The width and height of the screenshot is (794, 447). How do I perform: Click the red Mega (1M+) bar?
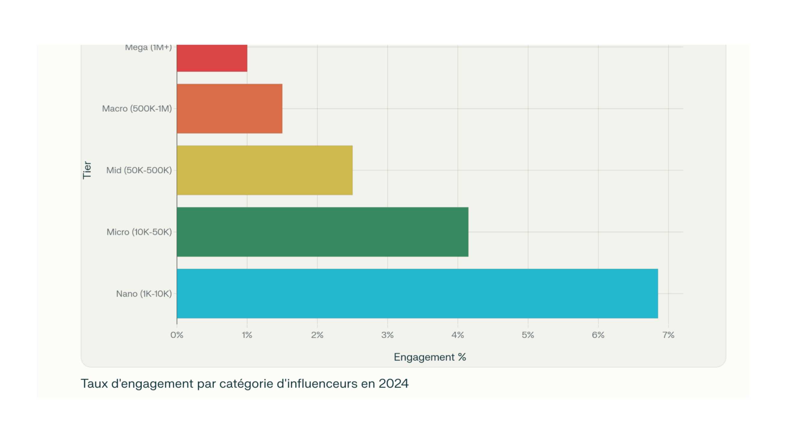pos(212,58)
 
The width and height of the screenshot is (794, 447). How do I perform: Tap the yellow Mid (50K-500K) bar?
pos(264,170)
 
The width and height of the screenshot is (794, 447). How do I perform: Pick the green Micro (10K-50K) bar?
pos(322,232)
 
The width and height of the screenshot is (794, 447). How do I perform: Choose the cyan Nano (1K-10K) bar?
pos(417,293)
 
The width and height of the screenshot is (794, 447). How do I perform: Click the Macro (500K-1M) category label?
pos(137,109)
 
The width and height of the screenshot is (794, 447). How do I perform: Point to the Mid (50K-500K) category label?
pos(139,170)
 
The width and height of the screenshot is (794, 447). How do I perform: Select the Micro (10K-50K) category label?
pos(139,232)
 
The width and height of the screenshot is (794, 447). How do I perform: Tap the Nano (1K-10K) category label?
pos(144,294)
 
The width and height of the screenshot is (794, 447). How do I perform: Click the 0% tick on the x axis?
pos(177,335)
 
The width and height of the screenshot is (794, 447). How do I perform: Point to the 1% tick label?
pos(247,335)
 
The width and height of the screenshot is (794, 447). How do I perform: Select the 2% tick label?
pos(317,335)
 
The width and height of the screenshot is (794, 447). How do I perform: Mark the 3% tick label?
pos(387,335)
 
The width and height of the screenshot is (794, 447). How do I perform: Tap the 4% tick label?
pos(458,335)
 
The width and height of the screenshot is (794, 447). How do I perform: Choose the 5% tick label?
pos(528,335)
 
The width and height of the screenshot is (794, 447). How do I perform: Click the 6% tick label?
pos(598,335)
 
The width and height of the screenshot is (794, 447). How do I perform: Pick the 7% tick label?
pos(668,335)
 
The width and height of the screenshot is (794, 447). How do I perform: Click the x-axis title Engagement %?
pos(430,357)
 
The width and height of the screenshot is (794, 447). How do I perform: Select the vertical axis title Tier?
pos(87,170)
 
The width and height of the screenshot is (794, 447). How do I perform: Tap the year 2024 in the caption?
pos(393,383)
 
